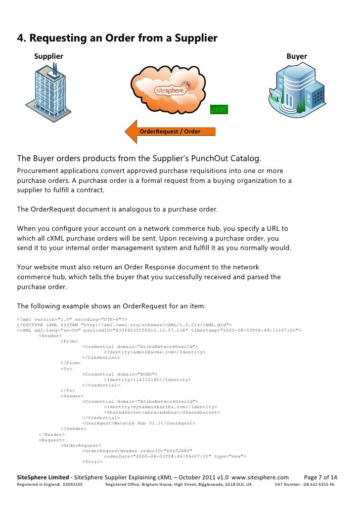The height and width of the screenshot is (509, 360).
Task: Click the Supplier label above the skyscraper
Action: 48,56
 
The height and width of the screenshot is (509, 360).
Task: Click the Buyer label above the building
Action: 297,56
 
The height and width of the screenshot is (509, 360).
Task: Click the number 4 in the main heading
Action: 20,38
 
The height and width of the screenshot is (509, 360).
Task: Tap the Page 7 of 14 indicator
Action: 320,477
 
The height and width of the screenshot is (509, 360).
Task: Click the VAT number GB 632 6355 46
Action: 318,485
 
